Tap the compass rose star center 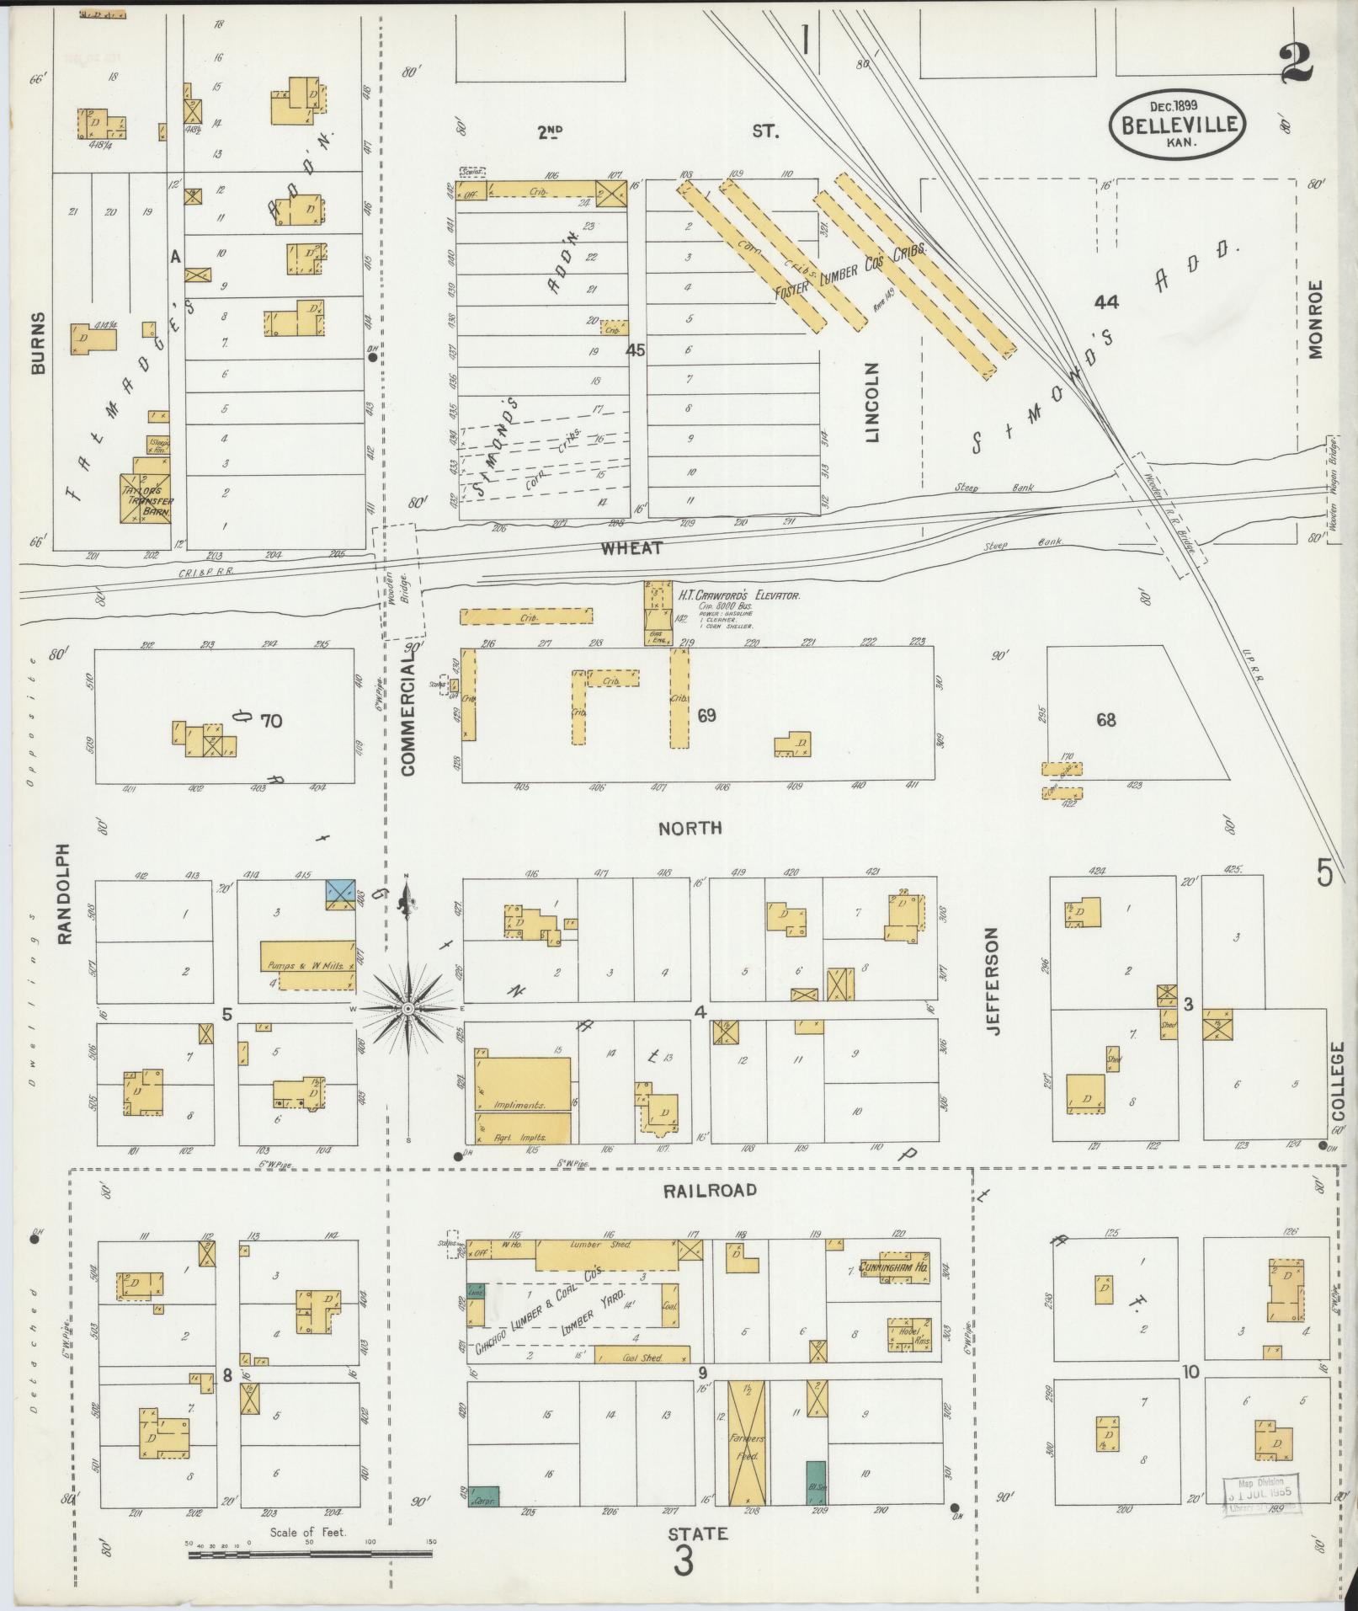click(x=407, y=1008)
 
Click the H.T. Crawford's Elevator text click(x=738, y=595)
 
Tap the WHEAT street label click(x=631, y=548)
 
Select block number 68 click(x=1105, y=720)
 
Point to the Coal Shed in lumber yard click(x=641, y=1355)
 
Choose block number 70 click(x=271, y=720)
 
